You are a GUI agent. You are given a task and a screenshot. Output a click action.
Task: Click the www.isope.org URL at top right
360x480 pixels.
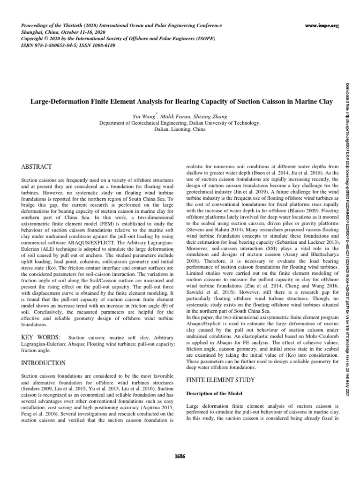(x=321, y=26)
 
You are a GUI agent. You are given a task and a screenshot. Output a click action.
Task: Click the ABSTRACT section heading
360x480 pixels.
(x=37, y=167)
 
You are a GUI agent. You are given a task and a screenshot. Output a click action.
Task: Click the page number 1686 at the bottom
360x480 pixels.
(x=180, y=457)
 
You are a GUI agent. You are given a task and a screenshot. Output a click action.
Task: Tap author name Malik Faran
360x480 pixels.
(x=173, y=116)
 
